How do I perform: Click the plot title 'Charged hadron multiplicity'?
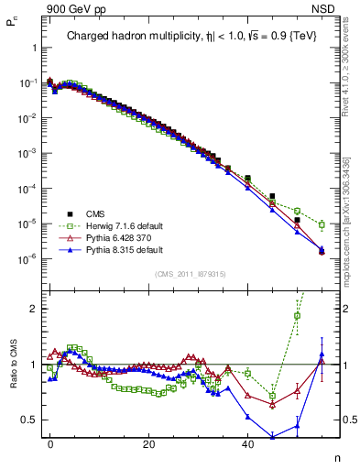click(x=137, y=37)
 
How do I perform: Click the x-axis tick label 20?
click(x=148, y=444)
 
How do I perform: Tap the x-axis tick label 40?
click(x=247, y=444)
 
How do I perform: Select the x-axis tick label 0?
click(x=50, y=444)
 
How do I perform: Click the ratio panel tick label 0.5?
click(x=29, y=420)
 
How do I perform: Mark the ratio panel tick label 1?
click(x=33, y=365)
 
